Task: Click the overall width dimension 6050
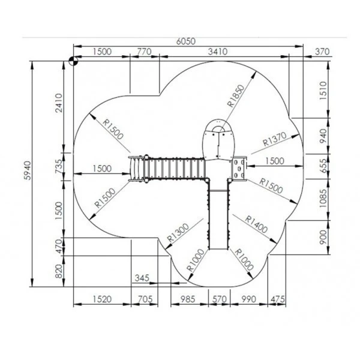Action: click(186, 41)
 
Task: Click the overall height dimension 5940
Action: click(28, 170)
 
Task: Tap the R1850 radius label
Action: click(236, 96)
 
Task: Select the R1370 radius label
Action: click(275, 139)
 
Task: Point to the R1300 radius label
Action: click(178, 233)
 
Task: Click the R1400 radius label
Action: click(256, 224)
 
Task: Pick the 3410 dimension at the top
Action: click(218, 52)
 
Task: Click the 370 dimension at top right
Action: click(322, 52)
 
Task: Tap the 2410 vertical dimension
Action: click(59, 103)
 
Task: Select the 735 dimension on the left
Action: click(59, 166)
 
